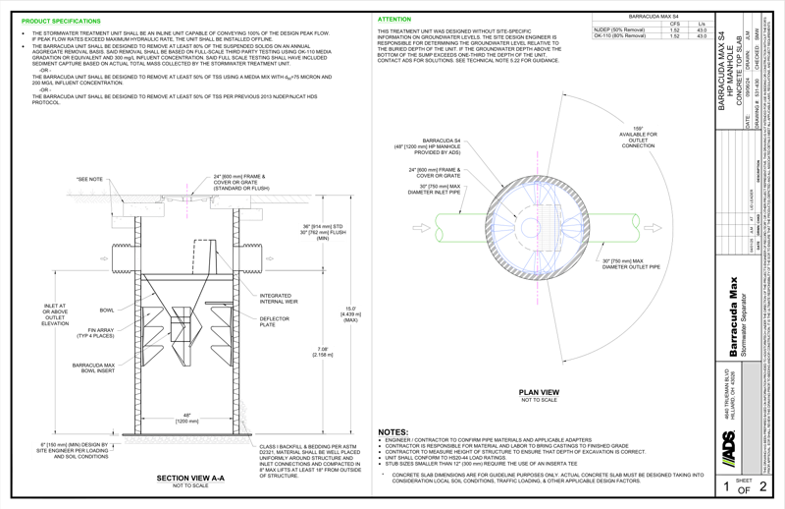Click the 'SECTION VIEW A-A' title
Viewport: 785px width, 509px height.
[185, 479]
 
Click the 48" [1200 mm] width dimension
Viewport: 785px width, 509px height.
[186, 416]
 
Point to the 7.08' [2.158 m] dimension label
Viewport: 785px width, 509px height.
[326, 350]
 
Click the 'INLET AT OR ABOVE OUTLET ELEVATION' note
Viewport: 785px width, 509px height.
[55, 317]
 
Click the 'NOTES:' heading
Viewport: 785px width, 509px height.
[392, 431]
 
